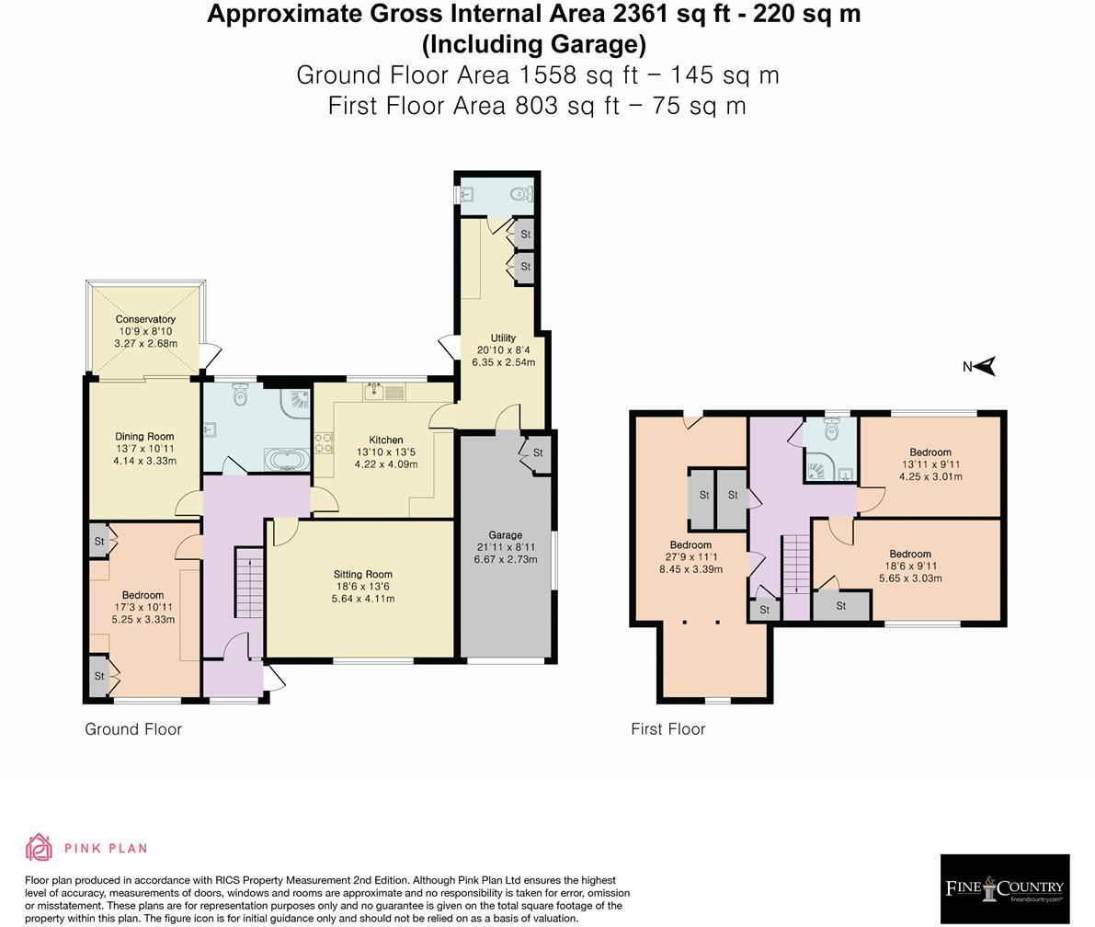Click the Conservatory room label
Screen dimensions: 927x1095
[145, 319]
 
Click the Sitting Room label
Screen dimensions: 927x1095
[363, 575]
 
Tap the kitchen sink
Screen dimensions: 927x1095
[374, 393]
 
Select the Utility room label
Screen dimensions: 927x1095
[503, 338]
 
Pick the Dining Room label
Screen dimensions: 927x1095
[144, 437]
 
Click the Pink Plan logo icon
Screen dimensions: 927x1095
[39, 847]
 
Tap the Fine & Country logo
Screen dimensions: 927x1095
[1004, 888]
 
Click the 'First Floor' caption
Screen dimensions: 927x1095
[667, 729]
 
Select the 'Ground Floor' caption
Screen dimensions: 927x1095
[133, 729]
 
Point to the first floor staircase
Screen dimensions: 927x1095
[795, 564]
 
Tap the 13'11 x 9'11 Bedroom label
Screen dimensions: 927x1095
[930, 452]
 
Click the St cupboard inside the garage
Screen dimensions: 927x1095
[538, 453]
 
